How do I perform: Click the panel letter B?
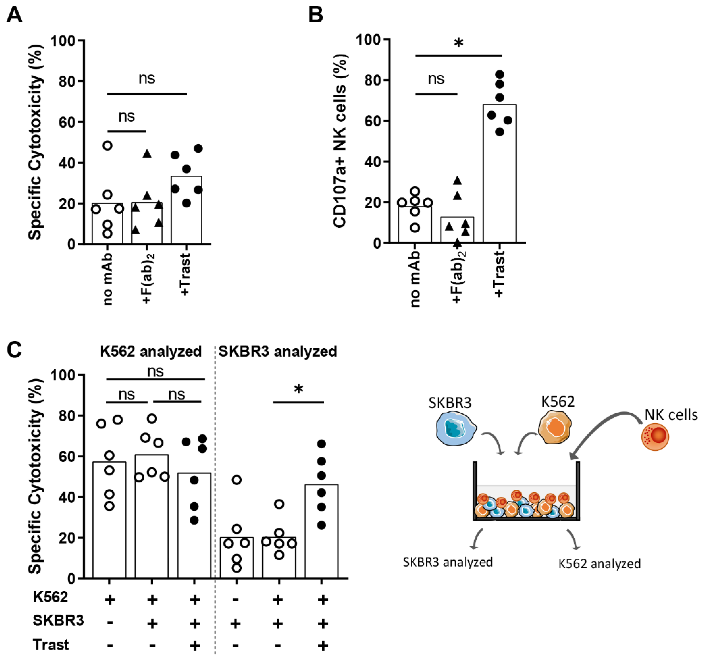coord(315,15)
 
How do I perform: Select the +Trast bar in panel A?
coord(187,210)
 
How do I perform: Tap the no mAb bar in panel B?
coord(415,225)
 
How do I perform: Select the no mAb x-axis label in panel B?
coord(415,279)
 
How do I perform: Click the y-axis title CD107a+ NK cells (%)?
coord(340,141)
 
